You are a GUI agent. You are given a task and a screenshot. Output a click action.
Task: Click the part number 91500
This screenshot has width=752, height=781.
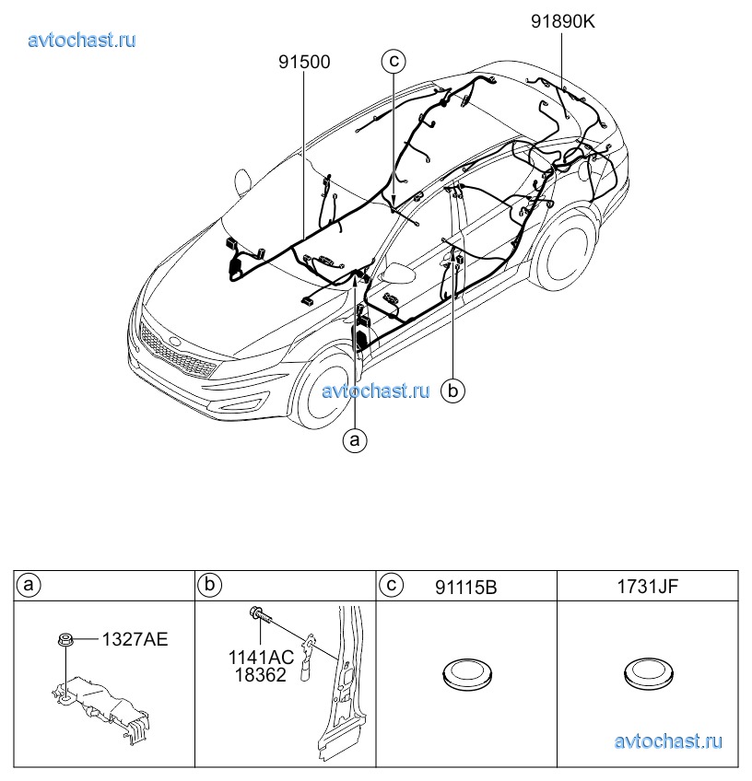pyautogui.click(x=304, y=63)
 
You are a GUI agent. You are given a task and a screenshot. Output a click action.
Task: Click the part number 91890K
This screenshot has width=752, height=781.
pyautogui.click(x=563, y=22)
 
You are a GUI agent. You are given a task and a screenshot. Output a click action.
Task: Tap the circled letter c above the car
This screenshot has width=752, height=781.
pyautogui.click(x=394, y=61)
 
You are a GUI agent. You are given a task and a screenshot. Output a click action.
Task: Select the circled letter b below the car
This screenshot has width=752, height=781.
pyautogui.click(x=452, y=390)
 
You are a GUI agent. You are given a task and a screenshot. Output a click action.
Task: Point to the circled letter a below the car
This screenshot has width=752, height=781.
pyautogui.click(x=355, y=440)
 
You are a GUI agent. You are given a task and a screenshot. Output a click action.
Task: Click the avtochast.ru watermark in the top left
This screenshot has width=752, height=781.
pyautogui.click(x=82, y=40)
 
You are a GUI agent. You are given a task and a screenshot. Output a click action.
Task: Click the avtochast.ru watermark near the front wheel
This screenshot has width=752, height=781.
pyautogui.click(x=376, y=390)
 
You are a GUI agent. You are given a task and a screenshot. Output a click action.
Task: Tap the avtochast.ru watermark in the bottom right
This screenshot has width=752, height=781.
pyautogui.click(x=668, y=741)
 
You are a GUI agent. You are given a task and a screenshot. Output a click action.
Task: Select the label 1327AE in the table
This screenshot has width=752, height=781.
pyautogui.click(x=135, y=639)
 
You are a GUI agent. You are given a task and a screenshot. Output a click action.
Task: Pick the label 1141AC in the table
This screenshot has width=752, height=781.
pyautogui.click(x=261, y=658)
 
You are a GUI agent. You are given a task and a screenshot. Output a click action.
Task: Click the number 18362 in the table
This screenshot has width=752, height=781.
pyautogui.click(x=261, y=675)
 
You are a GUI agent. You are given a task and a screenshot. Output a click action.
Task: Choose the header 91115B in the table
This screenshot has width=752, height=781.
pyautogui.click(x=466, y=588)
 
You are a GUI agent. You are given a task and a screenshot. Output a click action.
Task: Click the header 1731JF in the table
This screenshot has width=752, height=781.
pyautogui.click(x=648, y=587)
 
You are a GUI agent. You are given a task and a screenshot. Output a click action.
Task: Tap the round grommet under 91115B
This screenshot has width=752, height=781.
pyautogui.click(x=466, y=674)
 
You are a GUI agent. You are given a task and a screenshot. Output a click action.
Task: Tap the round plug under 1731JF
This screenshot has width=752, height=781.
pyautogui.click(x=648, y=674)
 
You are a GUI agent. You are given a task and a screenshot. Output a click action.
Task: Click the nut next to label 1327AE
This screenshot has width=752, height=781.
pyautogui.click(x=65, y=639)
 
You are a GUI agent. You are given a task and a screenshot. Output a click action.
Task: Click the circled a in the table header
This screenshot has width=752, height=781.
pyautogui.click(x=29, y=584)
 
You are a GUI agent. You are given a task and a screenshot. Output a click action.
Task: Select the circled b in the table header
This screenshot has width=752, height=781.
pyautogui.click(x=209, y=584)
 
